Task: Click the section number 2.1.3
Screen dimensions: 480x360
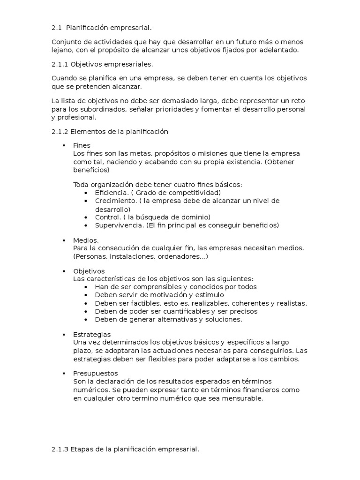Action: coord(60,449)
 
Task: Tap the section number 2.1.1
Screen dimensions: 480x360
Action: coord(60,64)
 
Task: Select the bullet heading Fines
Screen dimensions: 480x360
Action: coord(82,145)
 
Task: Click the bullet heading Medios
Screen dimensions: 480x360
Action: coord(86,240)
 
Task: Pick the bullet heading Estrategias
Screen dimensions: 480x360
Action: coord(92,334)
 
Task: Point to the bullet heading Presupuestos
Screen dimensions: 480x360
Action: coord(96,374)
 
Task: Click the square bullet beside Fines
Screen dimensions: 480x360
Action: coord(64,146)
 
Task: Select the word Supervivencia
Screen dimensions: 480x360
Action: coord(119,225)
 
